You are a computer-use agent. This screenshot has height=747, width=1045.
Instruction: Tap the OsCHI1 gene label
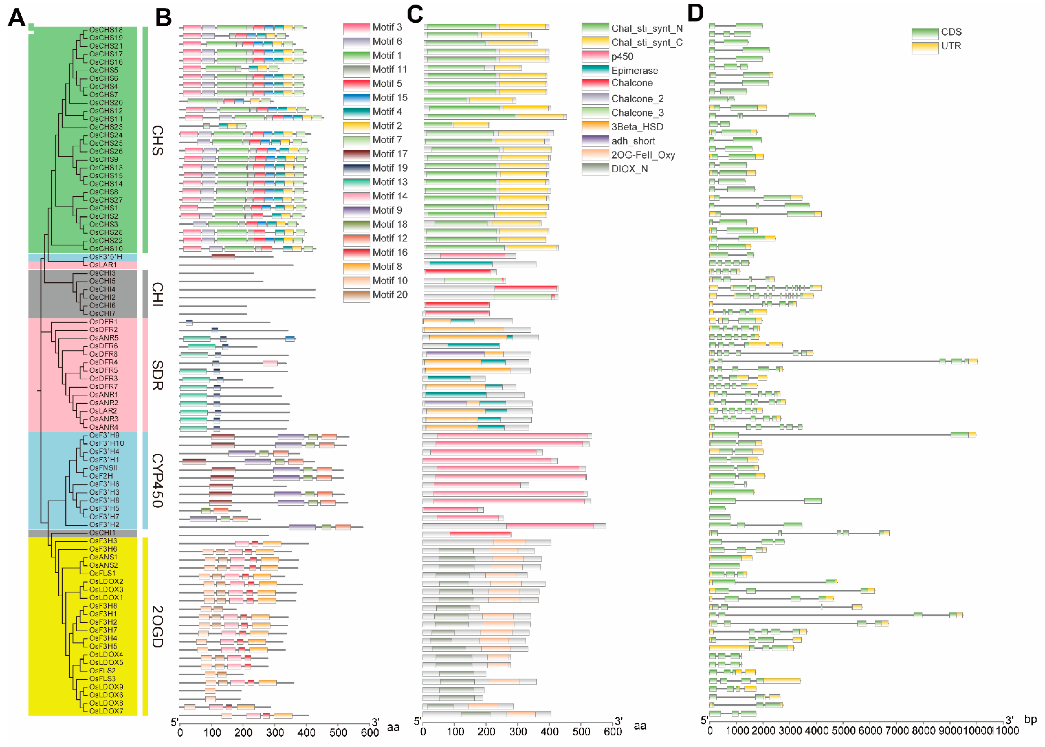pyautogui.click(x=102, y=533)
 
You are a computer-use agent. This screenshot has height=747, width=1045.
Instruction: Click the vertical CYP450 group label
pyautogui.click(x=157, y=481)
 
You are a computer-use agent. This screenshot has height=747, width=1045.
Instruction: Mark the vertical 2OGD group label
pyautogui.click(x=157, y=626)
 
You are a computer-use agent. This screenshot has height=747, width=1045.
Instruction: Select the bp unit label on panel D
pyautogui.click(x=1030, y=720)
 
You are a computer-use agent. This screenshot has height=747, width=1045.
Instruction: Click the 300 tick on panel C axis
pyautogui.click(x=518, y=731)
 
